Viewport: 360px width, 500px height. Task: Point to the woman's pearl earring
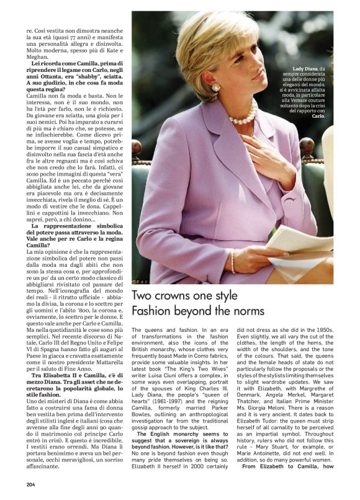point(215,88)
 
